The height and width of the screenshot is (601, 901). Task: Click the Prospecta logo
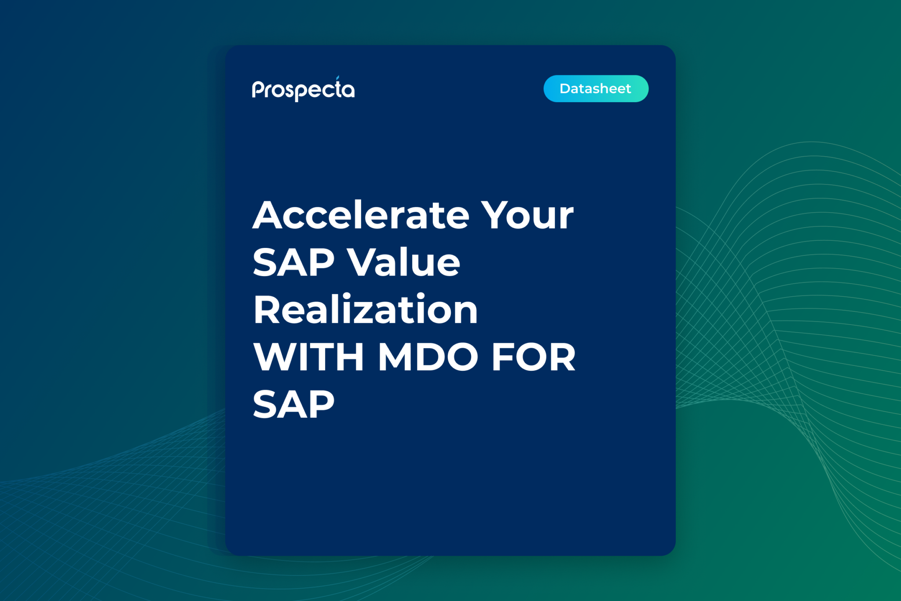click(x=303, y=90)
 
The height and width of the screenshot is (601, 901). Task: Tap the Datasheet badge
click(x=596, y=88)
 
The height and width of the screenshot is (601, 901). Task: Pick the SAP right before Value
click(x=293, y=262)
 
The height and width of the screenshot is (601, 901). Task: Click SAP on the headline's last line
click(x=293, y=404)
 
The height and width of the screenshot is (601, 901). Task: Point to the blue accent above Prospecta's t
click(x=337, y=78)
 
